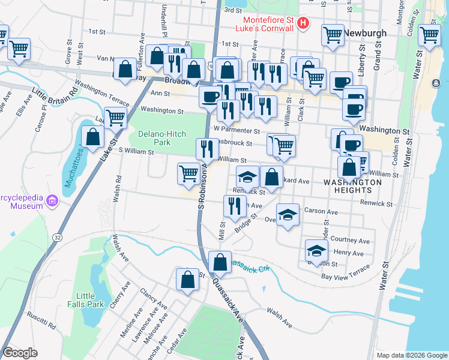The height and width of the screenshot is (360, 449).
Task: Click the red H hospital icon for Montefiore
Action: click(x=303, y=24)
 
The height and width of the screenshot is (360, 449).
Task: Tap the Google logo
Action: click(x=20, y=353)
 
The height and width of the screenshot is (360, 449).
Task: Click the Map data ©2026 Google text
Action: click(x=411, y=355)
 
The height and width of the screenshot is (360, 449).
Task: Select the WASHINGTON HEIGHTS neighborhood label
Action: click(x=352, y=186)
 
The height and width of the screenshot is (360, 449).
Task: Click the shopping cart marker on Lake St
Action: click(x=115, y=118)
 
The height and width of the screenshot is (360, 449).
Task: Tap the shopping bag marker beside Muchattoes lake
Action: click(x=92, y=137)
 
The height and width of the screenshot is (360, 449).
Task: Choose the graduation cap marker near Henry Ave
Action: click(x=316, y=250)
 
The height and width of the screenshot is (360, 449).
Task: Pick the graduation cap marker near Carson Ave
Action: click(x=288, y=215)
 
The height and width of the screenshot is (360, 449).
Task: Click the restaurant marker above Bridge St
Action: click(x=234, y=206)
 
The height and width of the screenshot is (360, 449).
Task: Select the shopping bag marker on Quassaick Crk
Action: click(x=220, y=262)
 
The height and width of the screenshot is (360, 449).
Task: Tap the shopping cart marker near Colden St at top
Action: click(x=429, y=35)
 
